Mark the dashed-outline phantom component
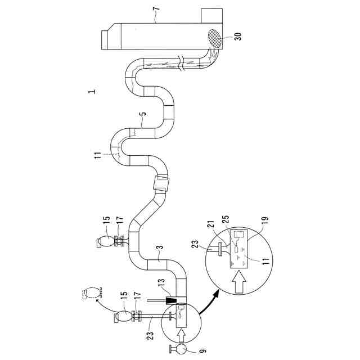tap(91, 292)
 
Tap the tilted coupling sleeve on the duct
tap(162, 183)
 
